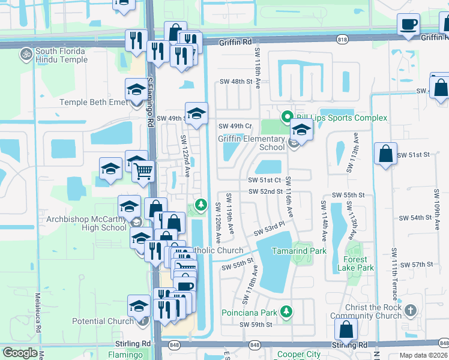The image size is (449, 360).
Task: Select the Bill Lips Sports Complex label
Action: tap(340, 118)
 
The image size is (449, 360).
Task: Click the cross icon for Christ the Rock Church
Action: tap(411, 310)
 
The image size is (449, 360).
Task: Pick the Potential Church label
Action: tap(103, 321)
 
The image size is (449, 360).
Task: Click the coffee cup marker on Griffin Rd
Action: tap(408, 25)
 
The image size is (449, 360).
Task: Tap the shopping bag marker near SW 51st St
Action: tap(385, 154)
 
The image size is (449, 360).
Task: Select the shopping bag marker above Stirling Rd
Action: tap(346, 329)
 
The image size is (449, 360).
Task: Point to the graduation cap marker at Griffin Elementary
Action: tap(301, 130)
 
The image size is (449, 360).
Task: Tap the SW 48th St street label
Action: tap(234, 82)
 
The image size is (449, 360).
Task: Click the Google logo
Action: tap(20, 353)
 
